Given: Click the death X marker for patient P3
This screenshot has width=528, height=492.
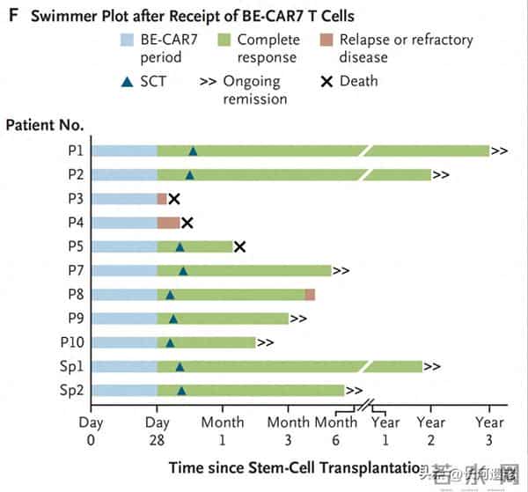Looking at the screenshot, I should [173, 199].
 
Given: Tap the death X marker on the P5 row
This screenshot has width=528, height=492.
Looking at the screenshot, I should [239, 246].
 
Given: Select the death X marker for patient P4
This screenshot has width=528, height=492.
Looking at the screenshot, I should [186, 223].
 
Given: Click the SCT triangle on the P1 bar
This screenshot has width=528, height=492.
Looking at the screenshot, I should [193, 151].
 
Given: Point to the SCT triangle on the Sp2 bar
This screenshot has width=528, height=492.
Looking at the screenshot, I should [181, 390].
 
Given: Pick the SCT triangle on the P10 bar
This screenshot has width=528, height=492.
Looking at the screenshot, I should [170, 342].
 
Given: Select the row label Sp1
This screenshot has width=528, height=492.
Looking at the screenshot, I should [70, 366].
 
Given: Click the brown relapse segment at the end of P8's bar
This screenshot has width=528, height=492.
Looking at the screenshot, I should [310, 295].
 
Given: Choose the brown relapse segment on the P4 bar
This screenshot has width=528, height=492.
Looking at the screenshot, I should [168, 223].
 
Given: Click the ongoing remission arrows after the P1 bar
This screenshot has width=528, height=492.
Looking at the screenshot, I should [499, 151].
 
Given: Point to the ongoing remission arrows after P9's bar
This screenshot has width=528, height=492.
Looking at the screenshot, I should [298, 319].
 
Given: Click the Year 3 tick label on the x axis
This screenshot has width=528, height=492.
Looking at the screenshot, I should [489, 430].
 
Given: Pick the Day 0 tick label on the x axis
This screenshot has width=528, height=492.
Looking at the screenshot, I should [92, 430].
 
